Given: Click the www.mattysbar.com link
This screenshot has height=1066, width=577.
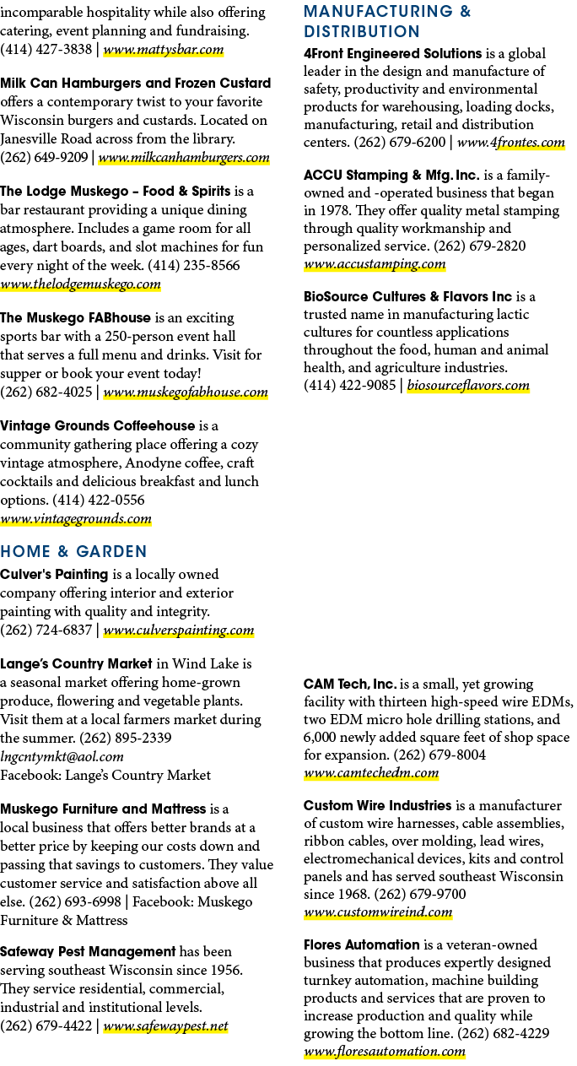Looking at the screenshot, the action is [163, 50].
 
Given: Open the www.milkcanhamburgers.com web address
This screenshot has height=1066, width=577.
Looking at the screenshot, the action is [184, 158].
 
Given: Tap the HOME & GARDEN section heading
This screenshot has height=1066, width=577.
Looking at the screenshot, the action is [73, 551].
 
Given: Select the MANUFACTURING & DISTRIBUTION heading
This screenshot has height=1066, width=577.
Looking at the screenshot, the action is [387, 21].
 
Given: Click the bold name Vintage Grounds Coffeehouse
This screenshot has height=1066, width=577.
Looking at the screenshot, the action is [98, 425].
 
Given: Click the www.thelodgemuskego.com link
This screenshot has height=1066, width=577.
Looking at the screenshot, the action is [80, 284].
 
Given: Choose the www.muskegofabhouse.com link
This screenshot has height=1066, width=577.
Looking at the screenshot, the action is [186, 392].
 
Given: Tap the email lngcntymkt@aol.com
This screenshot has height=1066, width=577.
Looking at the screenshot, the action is [62, 756].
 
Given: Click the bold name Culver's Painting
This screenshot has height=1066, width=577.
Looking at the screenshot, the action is [54, 575].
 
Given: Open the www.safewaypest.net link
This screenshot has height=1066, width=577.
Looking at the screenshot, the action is [165, 1025].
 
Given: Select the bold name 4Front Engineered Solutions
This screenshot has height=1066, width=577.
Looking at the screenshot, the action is [393, 53].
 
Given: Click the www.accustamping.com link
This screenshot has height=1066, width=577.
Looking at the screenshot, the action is [375, 263].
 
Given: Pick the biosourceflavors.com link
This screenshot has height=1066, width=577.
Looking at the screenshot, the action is [468, 385].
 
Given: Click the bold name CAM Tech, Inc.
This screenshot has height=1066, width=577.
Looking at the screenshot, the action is [350, 684].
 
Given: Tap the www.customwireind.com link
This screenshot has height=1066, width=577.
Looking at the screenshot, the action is [378, 912].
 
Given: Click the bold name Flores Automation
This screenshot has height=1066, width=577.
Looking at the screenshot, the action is [362, 944].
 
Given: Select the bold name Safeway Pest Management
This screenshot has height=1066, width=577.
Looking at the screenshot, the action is [88, 951].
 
